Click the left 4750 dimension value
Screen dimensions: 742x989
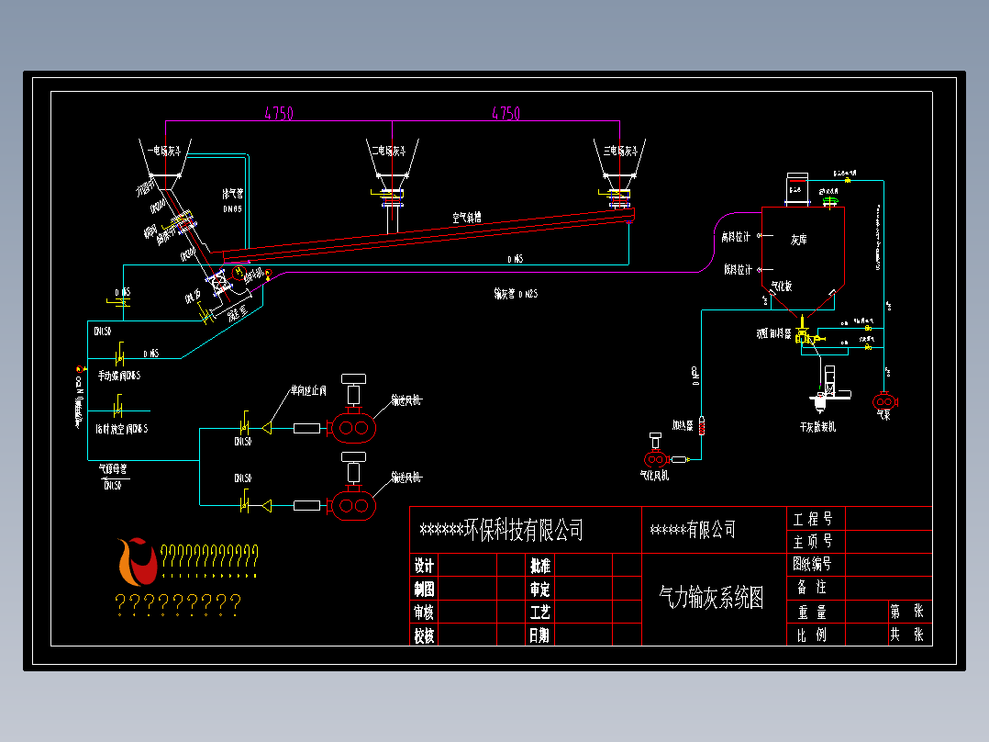pos(279,114)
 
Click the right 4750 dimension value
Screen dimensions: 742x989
pos(506,114)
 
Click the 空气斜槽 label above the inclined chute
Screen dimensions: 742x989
pos(466,218)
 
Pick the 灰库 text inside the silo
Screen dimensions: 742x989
pos(799,239)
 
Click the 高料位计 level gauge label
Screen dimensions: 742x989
pos(737,237)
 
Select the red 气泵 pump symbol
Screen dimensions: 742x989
pos(883,401)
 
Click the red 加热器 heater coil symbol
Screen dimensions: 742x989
pos(702,426)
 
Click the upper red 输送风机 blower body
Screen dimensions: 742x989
pos(352,427)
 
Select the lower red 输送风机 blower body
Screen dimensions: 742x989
pos(352,506)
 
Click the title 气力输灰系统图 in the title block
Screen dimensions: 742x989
pos(711,599)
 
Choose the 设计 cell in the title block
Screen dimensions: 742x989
pos(424,566)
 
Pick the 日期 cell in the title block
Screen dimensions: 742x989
pos(539,635)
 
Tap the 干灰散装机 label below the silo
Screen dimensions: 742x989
pos(817,427)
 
